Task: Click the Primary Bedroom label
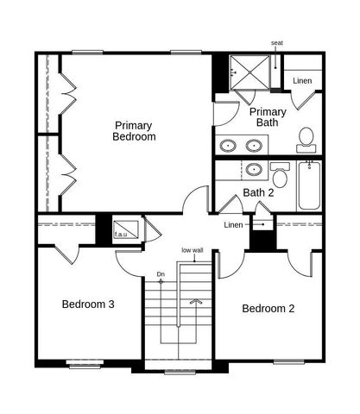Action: click(135, 131)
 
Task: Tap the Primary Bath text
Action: click(268, 117)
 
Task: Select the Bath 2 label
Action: click(258, 192)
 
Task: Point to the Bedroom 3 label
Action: click(88, 304)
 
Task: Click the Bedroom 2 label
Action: click(268, 309)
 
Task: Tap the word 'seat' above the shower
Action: click(277, 42)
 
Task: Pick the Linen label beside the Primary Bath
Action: click(302, 81)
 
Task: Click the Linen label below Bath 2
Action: click(233, 225)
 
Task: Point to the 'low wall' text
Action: click(192, 250)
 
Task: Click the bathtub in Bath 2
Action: click(309, 187)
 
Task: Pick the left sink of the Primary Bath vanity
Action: click(229, 145)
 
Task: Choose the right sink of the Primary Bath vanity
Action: click(257, 145)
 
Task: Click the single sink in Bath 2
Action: click(255, 169)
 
